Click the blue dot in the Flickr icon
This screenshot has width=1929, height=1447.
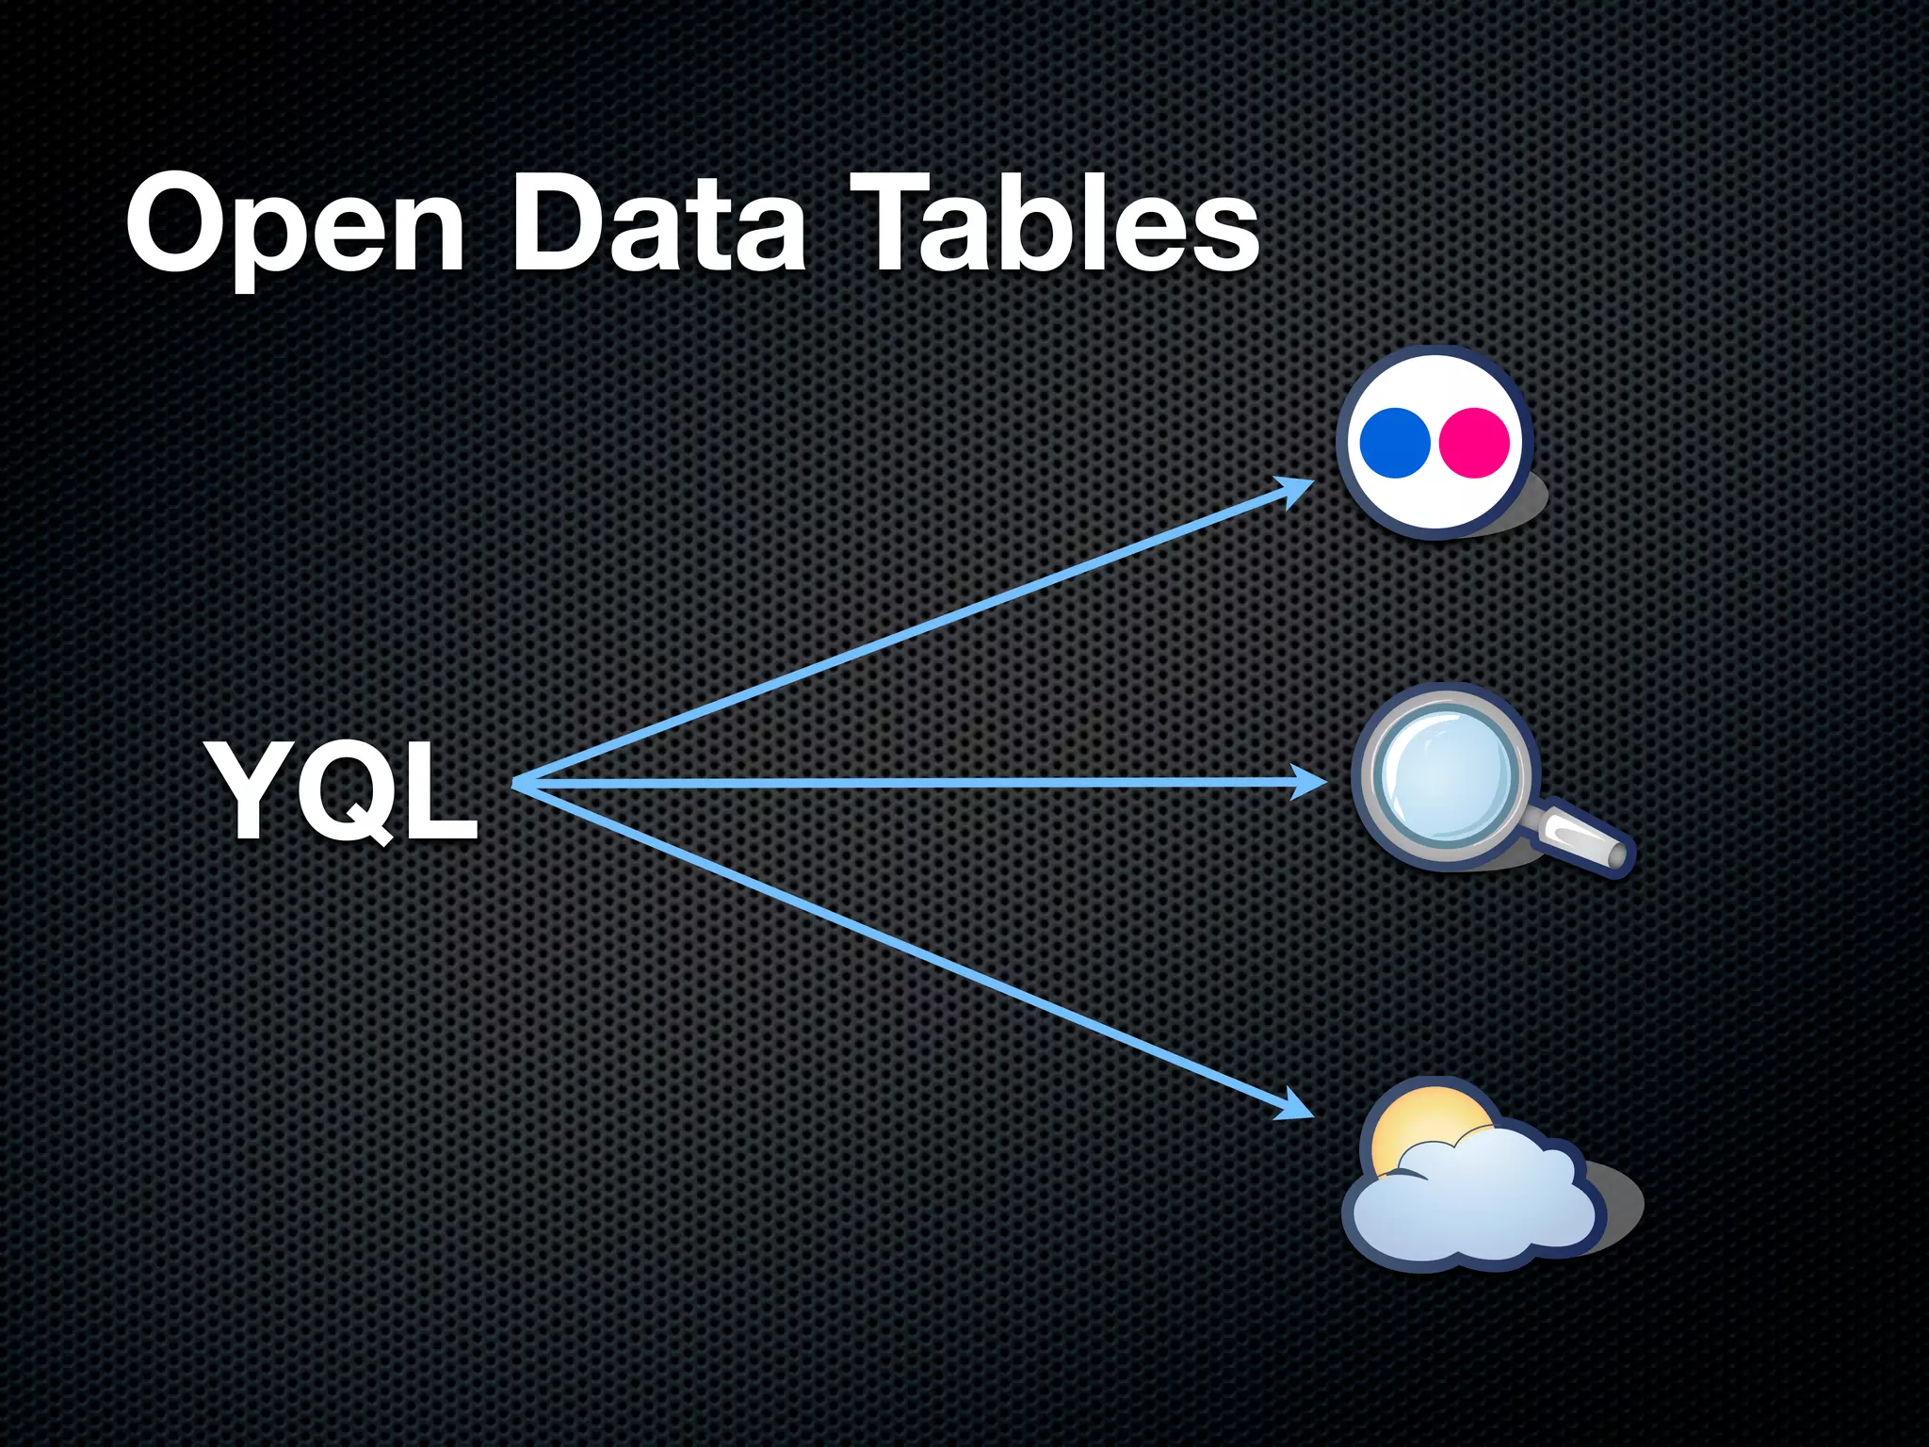tap(1395, 442)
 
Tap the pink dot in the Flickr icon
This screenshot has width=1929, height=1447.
tap(1474, 442)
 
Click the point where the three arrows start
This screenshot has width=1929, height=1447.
tap(516, 783)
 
